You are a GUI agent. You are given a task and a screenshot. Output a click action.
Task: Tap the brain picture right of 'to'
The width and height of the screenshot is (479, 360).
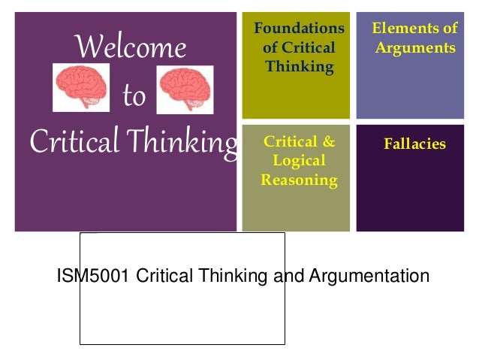(x=185, y=88)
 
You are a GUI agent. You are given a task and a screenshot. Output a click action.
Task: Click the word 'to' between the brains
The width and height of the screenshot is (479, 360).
(x=134, y=97)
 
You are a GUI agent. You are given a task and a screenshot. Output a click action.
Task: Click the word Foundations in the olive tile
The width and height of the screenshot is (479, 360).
(x=299, y=29)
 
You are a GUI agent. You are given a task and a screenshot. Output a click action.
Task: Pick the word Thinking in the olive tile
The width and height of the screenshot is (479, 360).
(x=299, y=68)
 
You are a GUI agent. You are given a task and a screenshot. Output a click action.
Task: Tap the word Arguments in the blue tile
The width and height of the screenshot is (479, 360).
(x=415, y=48)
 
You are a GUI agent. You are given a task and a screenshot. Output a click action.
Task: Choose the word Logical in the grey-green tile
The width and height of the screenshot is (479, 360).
(x=299, y=161)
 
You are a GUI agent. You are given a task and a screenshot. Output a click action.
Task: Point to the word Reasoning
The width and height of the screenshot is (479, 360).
(x=299, y=180)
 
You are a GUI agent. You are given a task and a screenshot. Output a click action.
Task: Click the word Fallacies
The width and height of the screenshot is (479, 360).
(x=414, y=144)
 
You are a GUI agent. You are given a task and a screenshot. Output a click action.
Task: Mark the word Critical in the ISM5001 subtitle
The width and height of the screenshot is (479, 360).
(x=164, y=276)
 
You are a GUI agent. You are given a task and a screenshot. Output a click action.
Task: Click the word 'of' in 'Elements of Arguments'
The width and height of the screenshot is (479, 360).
(x=449, y=29)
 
